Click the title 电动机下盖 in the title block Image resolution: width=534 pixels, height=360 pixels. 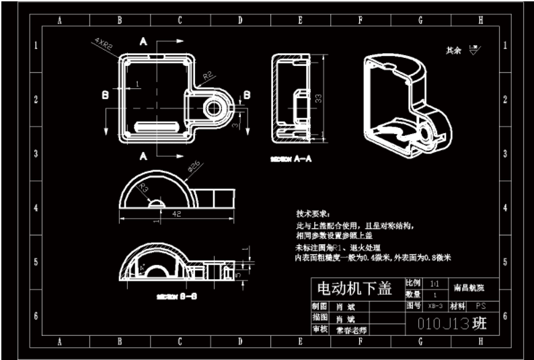pos(354,289)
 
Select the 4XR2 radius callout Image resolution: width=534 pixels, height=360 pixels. pos(103,45)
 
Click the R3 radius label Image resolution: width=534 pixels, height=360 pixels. pos(145,190)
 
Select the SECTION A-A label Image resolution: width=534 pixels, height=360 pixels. pos(291,159)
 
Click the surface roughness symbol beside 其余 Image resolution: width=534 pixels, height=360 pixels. pos(473,49)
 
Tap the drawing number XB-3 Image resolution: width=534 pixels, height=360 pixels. pos(435,305)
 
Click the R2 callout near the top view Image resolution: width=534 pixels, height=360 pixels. pos(208,75)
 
